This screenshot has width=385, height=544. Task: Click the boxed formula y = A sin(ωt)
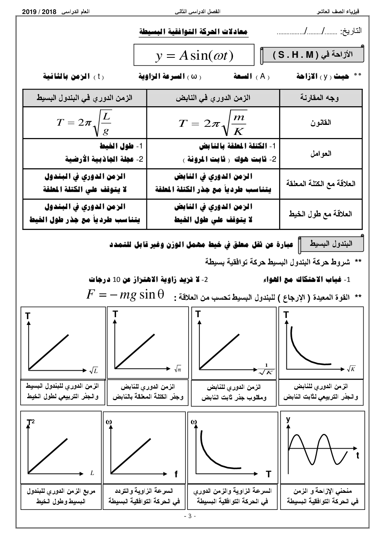point(194,55)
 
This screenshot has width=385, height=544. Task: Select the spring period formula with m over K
point(213,123)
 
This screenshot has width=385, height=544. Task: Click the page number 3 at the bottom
point(190,516)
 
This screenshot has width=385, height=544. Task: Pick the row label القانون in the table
point(321,123)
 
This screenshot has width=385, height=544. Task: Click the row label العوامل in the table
point(321,154)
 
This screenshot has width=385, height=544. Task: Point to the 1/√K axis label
point(267,370)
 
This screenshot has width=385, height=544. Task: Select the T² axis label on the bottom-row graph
point(30,422)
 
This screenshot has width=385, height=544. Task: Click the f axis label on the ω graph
point(176,474)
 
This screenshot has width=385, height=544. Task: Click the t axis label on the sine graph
point(357,456)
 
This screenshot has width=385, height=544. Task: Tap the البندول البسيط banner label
point(331,244)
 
